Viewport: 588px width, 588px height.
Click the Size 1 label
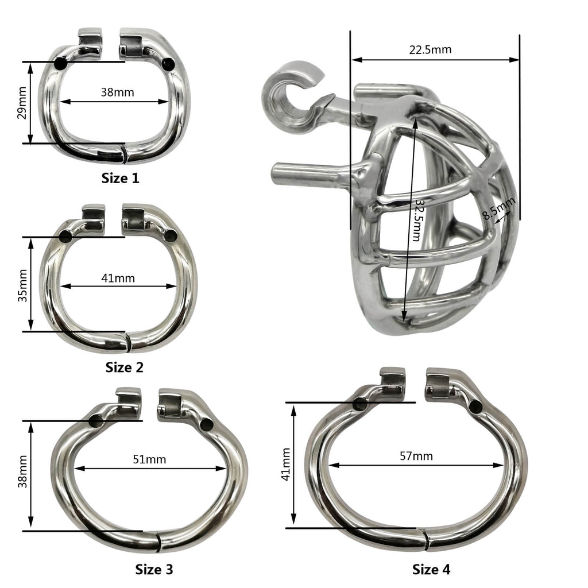click(x=120, y=178)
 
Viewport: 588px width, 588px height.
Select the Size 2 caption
click(x=124, y=367)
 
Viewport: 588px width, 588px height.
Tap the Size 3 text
click(x=154, y=569)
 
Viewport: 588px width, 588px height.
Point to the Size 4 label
click(x=431, y=569)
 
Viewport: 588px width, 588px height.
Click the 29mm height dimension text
click(x=22, y=103)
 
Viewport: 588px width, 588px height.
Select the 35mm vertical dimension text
click(x=22, y=285)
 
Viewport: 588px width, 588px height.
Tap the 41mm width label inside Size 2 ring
click(x=118, y=278)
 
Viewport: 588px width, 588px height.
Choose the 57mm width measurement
click(x=416, y=456)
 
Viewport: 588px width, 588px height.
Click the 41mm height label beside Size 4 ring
click(x=285, y=465)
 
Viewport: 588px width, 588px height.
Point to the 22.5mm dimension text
click(x=430, y=49)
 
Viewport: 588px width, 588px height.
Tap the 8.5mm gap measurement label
click(x=500, y=209)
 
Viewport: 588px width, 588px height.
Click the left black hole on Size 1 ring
click(x=60, y=64)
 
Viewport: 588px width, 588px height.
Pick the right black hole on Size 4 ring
click(x=475, y=407)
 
